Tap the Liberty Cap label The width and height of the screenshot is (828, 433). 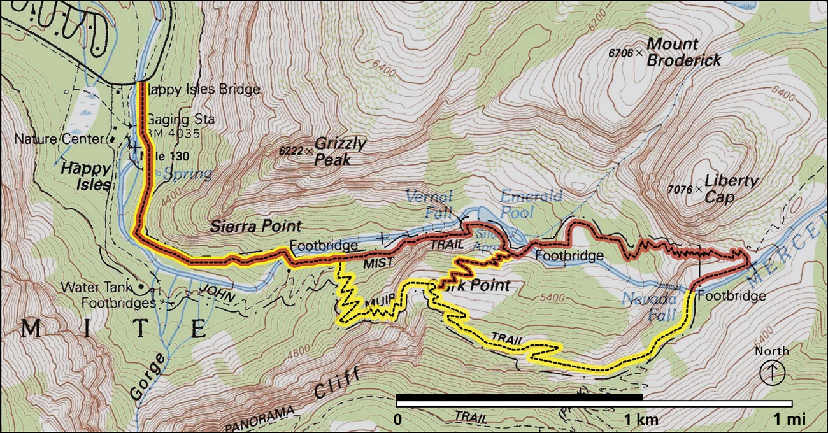(x=731, y=189)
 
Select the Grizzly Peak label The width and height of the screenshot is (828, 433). (x=340, y=152)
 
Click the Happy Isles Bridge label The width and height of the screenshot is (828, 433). (x=203, y=90)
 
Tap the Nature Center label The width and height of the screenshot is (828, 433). (x=59, y=139)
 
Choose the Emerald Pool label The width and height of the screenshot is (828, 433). (x=531, y=204)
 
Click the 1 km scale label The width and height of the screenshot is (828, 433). (x=641, y=420)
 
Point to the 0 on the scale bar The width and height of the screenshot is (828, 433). (x=397, y=420)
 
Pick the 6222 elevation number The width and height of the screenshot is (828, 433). (x=291, y=151)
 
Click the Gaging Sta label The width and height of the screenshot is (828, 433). (x=180, y=120)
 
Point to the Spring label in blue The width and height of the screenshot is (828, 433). (x=187, y=174)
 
